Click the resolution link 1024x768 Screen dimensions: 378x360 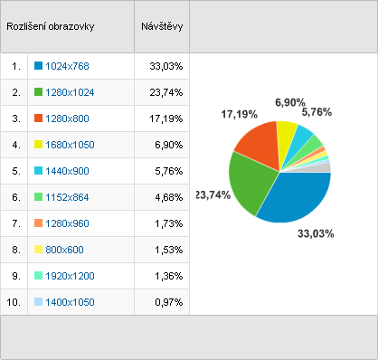click(67, 66)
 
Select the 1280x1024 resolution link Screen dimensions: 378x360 click(70, 92)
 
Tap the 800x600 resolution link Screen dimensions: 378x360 click(64, 250)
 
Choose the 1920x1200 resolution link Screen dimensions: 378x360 click(70, 276)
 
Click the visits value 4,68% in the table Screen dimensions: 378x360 click(169, 197)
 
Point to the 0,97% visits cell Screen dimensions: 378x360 click(169, 302)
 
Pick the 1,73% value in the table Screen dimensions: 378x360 click(169, 223)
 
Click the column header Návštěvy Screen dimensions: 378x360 click(162, 26)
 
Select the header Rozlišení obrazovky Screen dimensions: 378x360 click(51, 26)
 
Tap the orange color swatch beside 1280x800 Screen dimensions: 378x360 click(38, 118)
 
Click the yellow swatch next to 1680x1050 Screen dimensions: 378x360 click(38, 145)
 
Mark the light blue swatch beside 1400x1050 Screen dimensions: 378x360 click(38, 302)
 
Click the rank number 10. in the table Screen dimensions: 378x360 click(14, 302)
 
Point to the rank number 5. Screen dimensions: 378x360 click(16, 171)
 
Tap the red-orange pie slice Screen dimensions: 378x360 click(260, 142)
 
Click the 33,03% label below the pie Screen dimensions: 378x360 click(316, 233)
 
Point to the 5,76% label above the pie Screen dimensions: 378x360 click(317, 112)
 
